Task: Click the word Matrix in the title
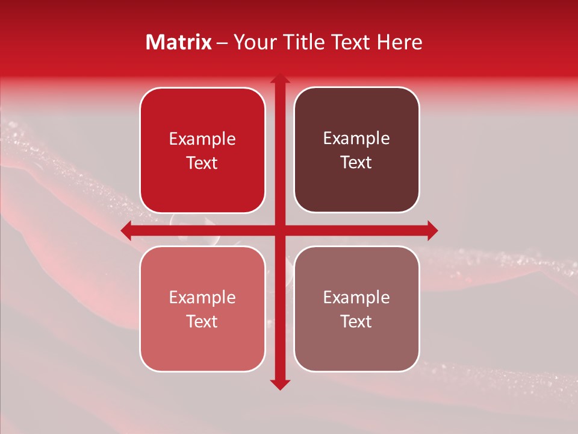179,42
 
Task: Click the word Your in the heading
253,42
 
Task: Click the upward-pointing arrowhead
279,79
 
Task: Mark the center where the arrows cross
279,230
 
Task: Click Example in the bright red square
202,139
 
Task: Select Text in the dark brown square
356,163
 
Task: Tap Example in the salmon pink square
202,298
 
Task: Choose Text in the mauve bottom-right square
356,321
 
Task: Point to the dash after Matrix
222,43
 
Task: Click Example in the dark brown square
356,139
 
